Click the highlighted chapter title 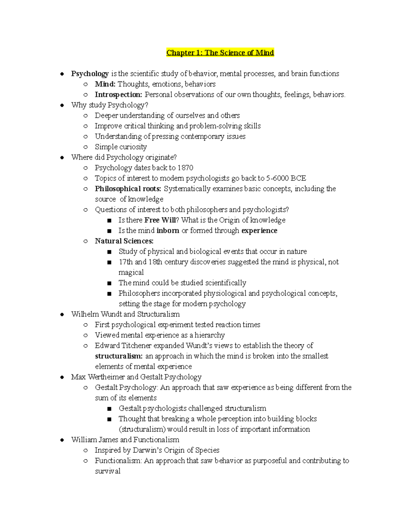[x=220, y=53]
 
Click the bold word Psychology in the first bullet [x=90, y=74]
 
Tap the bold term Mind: [x=105, y=84]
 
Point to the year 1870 [x=186, y=168]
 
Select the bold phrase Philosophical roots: [x=128, y=189]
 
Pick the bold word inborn [x=168, y=231]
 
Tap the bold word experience [x=259, y=231]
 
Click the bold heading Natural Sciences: [x=124, y=241]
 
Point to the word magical [x=131, y=272]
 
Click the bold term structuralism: [x=119, y=356]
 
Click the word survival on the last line [x=107, y=471]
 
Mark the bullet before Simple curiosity [x=86, y=147]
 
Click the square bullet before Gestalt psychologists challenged [x=109, y=409]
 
